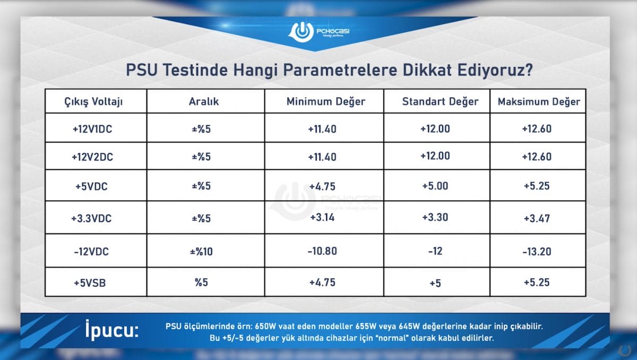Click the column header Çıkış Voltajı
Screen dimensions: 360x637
[x=93, y=101]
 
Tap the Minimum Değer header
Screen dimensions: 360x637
[x=326, y=101]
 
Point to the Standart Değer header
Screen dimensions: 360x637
[x=440, y=101]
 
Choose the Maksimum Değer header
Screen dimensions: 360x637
[x=539, y=101]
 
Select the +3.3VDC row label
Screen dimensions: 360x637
[x=91, y=218]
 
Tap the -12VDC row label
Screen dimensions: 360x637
[x=91, y=251]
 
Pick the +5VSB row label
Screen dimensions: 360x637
[x=90, y=282]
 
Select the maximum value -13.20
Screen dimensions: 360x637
[x=537, y=251]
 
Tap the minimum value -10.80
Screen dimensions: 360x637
[x=322, y=251]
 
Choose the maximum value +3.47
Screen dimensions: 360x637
[x=537, y=218]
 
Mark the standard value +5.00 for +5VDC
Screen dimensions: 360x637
[x=435, y=186]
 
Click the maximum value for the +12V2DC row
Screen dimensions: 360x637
[x=537, y=157]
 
